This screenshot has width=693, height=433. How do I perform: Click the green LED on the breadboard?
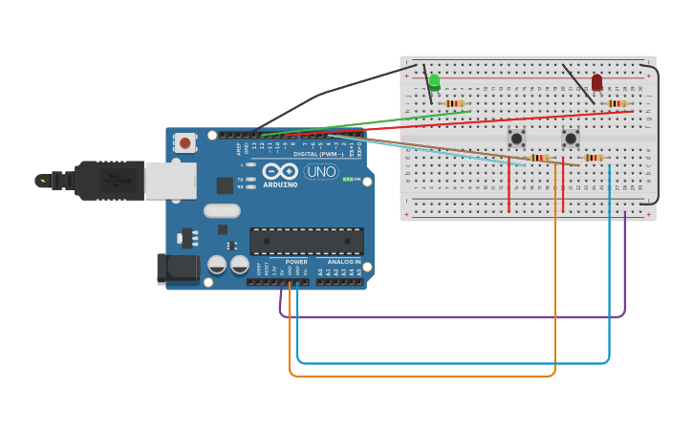(434, 82)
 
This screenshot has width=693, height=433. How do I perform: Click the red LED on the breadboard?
(596, 83)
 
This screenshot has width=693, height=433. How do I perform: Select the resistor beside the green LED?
(454, 103)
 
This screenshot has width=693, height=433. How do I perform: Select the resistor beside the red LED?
(617, 103)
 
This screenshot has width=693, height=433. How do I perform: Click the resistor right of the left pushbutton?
(540, 158)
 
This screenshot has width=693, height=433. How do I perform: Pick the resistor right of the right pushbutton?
(594, 158)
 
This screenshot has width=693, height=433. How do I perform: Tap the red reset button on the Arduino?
(184, 143)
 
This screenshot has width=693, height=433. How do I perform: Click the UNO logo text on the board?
(321, 172)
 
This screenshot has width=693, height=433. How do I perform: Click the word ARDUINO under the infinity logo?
(280, 184)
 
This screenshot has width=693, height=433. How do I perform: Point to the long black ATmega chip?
(306, 241)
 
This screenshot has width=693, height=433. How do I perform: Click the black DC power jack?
(177, 269)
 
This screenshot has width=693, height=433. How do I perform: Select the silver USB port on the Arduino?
(170, 181)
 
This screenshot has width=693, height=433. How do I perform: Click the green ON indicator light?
(348, 179)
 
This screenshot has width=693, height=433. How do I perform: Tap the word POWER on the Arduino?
(296, 262)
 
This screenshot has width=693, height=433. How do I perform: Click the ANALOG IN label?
(344, 262)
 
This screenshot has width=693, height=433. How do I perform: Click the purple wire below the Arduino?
(449, 316)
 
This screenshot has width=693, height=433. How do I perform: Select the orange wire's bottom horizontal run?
(421, 376)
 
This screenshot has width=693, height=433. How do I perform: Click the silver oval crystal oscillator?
(222, 210)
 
